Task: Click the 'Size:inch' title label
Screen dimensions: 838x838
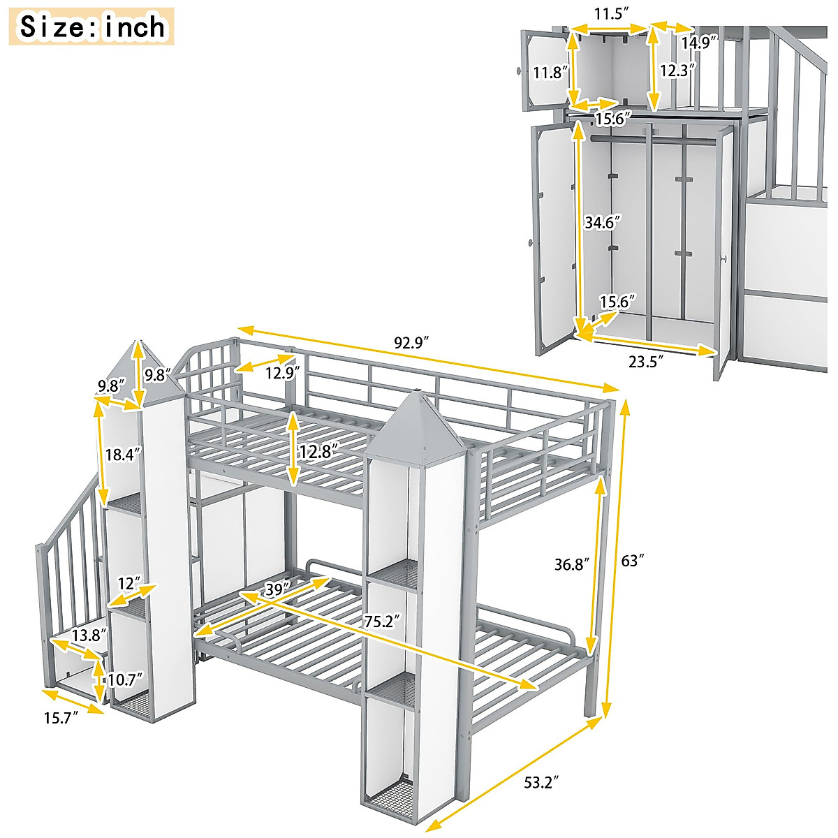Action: coord(92,27)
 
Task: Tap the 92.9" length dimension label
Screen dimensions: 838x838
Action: coord(411,343)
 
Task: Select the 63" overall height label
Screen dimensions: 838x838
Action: coord(633,560)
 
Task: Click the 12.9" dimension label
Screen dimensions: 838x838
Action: coord(281,372)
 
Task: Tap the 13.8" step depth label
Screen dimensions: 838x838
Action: coord(89,635)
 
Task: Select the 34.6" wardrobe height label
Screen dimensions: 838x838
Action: coord(603,223)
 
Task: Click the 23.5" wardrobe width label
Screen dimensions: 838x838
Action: coord(646,360)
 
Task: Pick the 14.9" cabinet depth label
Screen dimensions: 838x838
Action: coord(700,42)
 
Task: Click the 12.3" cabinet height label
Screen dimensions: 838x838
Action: coord(677,71)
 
